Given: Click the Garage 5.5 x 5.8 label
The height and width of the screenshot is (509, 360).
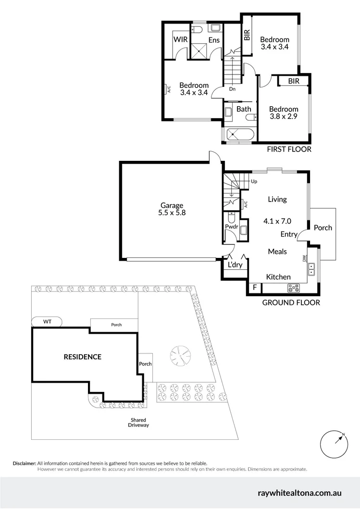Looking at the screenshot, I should point(172,210).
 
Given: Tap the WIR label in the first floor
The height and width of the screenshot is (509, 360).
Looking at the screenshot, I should point(181,39).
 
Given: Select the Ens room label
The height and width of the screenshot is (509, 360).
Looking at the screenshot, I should point(214,40).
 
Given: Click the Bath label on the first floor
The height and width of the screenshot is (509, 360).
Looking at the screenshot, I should point(244,109).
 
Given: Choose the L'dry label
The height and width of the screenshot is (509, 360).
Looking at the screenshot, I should point(235,265).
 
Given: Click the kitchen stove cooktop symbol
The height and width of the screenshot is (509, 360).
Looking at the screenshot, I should point(293,288).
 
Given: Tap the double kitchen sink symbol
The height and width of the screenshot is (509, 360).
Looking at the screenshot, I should point(311,269).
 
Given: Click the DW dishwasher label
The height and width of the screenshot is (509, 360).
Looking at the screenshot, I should point(304,258).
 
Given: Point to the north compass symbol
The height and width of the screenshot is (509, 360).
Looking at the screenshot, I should point(334,445).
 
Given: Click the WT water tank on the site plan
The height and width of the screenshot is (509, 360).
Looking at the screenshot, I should point(47,321).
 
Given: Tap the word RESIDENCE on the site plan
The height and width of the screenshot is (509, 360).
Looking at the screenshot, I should point(83,357).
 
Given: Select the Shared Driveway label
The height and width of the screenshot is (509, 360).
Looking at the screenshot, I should point(138,423).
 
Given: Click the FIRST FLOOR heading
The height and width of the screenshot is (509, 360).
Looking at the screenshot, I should point(289,149).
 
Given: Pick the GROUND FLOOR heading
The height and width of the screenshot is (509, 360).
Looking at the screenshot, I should point(291,303).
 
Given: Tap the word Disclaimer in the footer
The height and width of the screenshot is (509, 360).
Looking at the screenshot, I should point(24,463).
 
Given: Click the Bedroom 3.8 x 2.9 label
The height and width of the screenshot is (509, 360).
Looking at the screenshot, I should point(284,113).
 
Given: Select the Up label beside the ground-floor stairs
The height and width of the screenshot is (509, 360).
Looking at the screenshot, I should point(254,182).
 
